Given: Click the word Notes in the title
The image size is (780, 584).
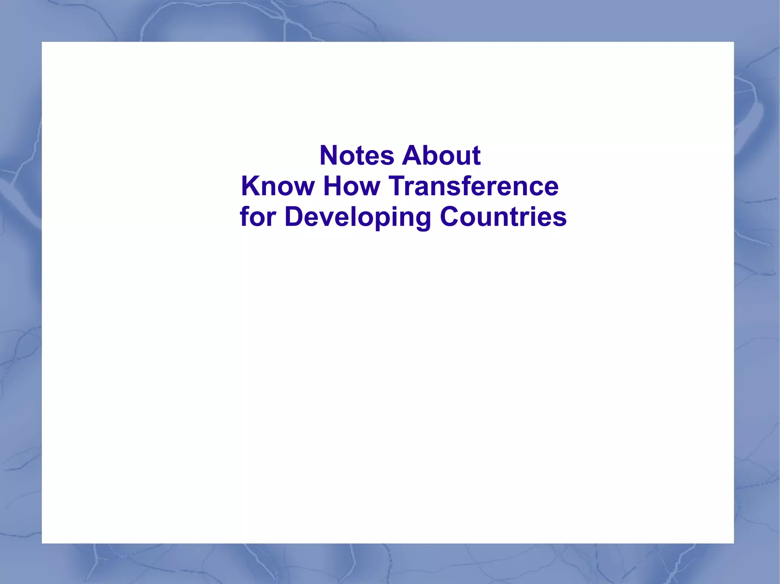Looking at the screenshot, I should pos(357,156).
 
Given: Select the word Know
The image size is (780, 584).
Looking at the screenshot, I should pos(278,186).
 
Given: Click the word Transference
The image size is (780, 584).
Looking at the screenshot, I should pos(473,186).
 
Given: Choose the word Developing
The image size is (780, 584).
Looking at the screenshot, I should pos(358,217).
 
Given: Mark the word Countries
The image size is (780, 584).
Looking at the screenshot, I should pos(503,216).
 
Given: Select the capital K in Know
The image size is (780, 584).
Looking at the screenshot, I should pos(251,186).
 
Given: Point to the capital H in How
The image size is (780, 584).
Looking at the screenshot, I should pos(333,186).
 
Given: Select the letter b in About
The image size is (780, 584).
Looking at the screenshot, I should pos(432,156).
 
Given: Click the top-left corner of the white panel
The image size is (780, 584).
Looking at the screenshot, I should pos(42,43).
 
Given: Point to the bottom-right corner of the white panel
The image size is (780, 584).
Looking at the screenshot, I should pos(733,543).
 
